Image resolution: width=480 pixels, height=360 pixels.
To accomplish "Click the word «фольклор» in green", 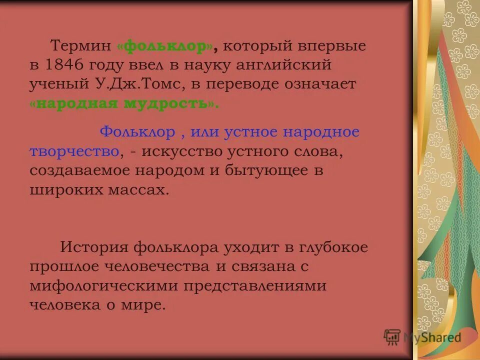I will pos(166,47).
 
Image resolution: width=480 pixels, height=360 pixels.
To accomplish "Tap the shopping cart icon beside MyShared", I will pos(392,337).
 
